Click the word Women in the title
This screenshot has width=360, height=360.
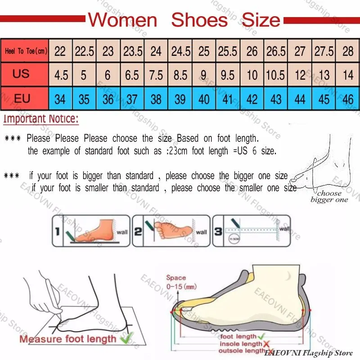(x=122, y=20)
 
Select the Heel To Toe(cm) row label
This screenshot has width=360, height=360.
(x=26, y=51)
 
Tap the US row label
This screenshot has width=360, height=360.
(x=21, y=74)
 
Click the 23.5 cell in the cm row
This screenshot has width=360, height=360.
(x=133, y=51)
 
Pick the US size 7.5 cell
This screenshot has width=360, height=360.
(x=156, y=74)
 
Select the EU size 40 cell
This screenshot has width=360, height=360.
(x=204, y=99)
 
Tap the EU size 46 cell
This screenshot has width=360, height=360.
(x=348, y=99)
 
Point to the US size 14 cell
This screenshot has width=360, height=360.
(x=348, y=74)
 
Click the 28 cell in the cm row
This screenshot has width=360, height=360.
(x=348, y=51)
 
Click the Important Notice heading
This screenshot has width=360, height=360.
(x=41, y=120)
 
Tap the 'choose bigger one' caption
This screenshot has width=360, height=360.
(x=329, y=197)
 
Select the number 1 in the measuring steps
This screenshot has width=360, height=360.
(x=58, y=231)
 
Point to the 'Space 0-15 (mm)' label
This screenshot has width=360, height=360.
(x=176, y=282)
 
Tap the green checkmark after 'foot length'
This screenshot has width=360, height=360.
(x=261, y=336)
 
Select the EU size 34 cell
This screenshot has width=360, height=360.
(x=60, y=99)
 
